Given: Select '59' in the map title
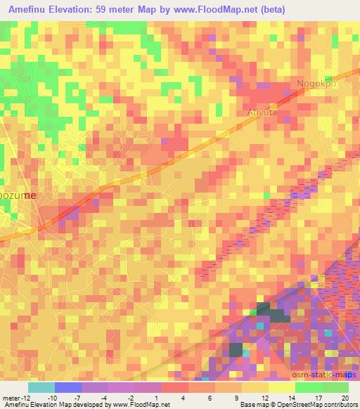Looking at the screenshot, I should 126,8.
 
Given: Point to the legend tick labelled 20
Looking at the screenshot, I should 344,398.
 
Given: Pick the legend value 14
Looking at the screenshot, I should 291,398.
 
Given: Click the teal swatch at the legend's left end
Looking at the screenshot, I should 41,387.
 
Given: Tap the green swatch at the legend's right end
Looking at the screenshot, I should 335,387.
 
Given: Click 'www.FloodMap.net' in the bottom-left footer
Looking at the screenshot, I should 139,405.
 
